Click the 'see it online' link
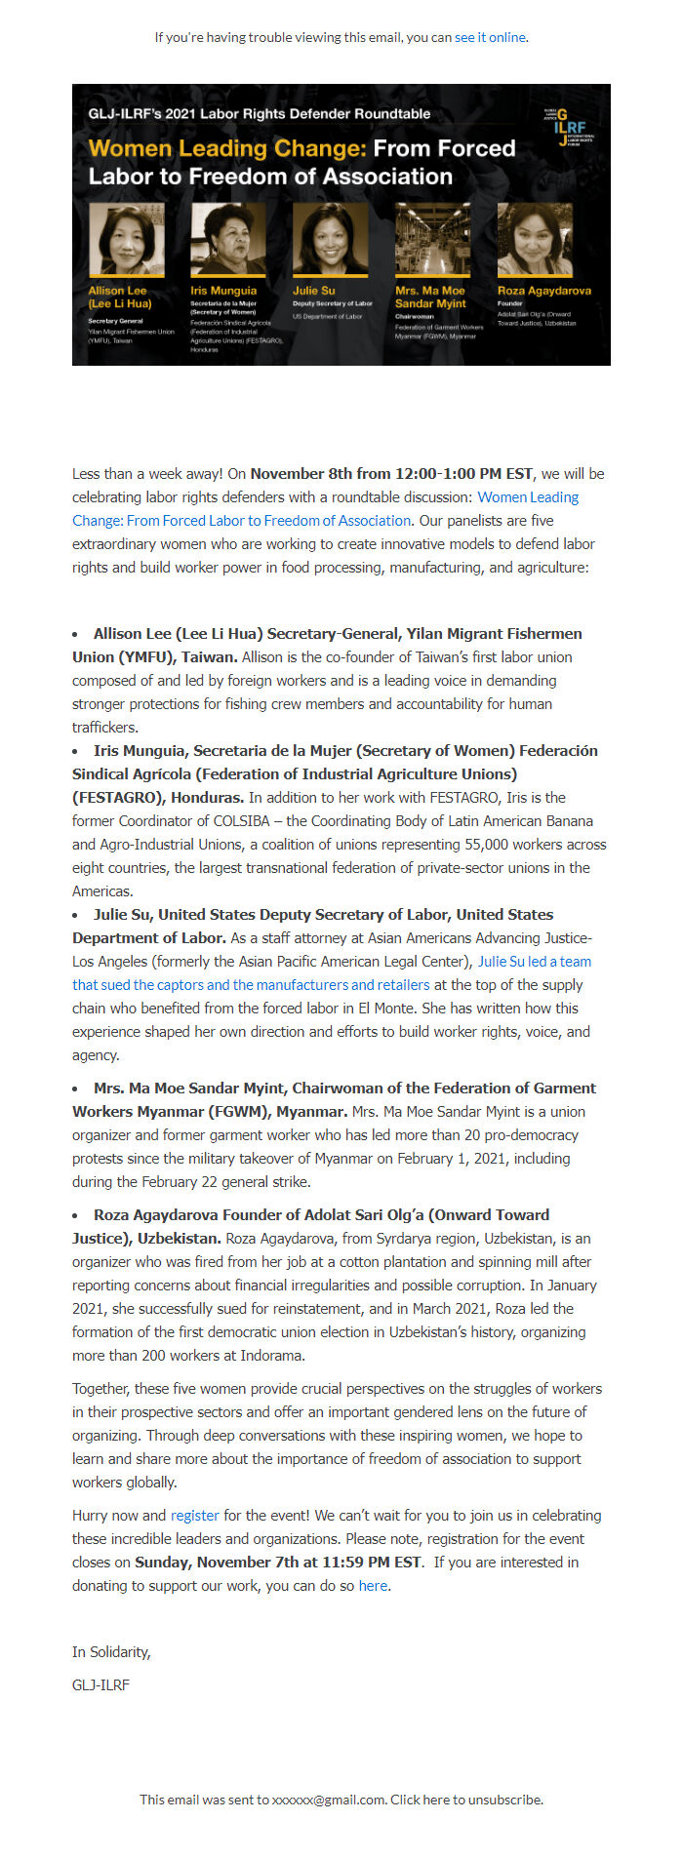click(x=490, y=37)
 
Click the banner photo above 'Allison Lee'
click(x=126, y=240)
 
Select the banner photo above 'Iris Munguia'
click(x=228, y=240)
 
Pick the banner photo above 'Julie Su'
click(x=331, y=240)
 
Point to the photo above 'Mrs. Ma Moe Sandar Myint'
click(x=432, y=240)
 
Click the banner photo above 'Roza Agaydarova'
click(x=535, y=240)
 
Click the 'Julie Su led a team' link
click(x=534, y=962)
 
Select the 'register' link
click(x=194, y=1516)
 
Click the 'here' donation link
click(x=373, y=1586)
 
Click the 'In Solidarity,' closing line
click(x=111, y=1652)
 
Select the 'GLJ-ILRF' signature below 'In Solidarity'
click(x=100, y=1685)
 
